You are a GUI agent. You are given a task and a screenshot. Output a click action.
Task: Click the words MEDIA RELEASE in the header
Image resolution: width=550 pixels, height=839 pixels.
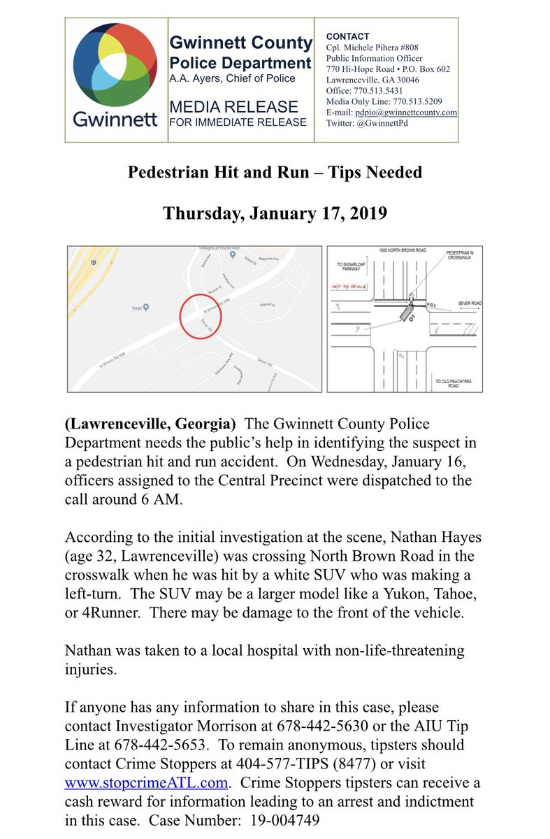pos(233,107)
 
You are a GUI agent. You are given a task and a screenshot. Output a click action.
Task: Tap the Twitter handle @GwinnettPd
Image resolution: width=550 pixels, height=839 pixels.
pos(383,123)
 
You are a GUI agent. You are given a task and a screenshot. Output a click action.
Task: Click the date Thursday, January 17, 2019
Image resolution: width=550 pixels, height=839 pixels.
pos(275,213)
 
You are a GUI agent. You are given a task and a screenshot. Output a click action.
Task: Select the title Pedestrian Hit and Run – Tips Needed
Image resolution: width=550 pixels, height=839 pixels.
pos(275,172)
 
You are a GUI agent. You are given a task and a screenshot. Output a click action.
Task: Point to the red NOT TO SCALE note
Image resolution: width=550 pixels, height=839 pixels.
pos(352,287)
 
